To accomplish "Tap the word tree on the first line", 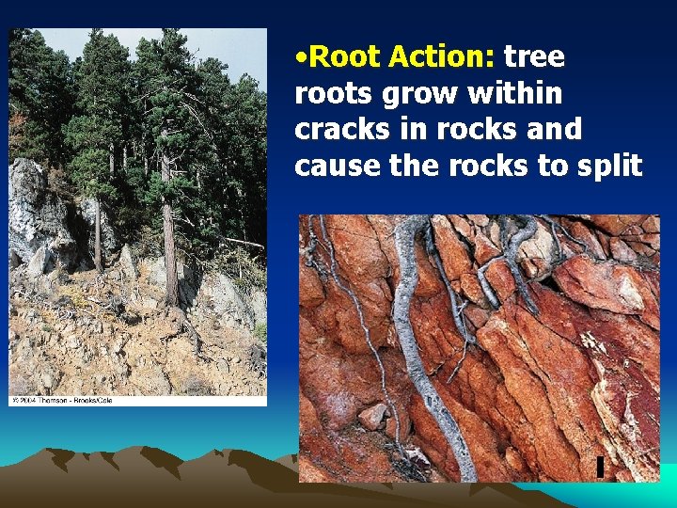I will point(534,57).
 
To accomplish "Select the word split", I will point(610,166).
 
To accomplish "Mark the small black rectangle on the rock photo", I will point(598,466).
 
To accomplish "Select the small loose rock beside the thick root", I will point(374,415).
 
